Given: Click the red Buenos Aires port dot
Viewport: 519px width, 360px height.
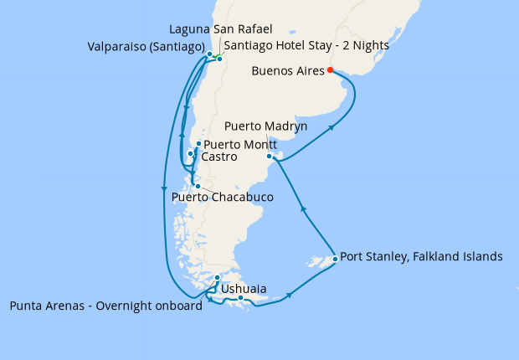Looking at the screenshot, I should [x=331, y=70].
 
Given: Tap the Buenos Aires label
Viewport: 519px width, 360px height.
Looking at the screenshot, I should [x=287, y=71].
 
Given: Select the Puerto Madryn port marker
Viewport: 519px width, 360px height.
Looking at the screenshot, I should [x=270, y=157].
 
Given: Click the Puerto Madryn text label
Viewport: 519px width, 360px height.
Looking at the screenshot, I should [x=265, y=126].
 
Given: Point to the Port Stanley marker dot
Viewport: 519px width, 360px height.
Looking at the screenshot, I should [x=335, y=259].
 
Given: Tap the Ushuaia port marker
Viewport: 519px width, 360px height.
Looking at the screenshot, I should [x=240, y=298].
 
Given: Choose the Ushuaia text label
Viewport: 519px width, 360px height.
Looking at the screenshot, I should [x=244, y=289].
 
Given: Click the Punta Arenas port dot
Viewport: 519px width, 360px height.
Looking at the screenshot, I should [x=217, y=278].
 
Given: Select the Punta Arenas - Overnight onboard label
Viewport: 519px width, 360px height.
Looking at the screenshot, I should [x=105, y=306].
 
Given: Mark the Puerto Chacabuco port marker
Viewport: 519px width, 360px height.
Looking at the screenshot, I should [x=198, y=186].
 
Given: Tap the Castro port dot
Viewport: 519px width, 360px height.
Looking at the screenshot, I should [x=191, y=154].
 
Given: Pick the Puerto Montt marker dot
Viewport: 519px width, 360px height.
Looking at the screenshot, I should [x=198, y=144].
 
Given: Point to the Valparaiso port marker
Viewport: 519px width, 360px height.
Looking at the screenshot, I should [x=209, y=54].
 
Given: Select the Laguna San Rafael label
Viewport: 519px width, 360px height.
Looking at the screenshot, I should [x=221, y=29].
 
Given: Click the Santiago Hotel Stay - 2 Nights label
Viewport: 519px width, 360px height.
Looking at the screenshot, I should [x=306, y=45].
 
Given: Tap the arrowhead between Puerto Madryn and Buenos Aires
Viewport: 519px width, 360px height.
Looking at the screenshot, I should [x=334, y=127].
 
